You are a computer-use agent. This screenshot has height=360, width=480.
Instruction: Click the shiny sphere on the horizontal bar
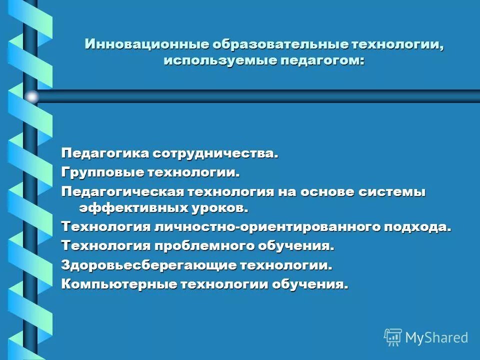tap(32, 96)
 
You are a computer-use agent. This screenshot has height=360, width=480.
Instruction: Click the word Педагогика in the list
tap(104, 152)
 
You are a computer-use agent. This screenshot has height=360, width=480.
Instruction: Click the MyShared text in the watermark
tap(436, 337)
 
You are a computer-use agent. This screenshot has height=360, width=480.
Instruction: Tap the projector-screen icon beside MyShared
tap(393, 337)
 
